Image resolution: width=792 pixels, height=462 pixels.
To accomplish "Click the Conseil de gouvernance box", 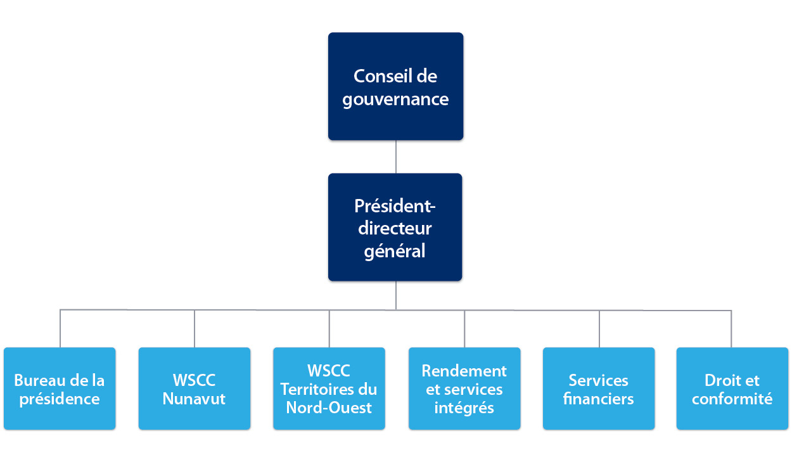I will (x=395, y=86).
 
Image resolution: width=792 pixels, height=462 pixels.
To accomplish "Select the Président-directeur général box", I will (x=395, y=227).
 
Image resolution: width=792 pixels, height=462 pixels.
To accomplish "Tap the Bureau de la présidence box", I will (x=60, y=388).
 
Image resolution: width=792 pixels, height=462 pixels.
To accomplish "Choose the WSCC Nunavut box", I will (x=194, y=388).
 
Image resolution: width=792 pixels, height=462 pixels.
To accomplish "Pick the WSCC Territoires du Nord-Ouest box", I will (x=329, y=388).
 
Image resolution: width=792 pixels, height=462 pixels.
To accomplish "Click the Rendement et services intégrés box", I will (x=464, y=388).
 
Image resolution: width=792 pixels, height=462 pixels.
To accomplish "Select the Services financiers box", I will (x=599, y=388).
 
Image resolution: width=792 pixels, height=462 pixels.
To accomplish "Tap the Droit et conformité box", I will (x=732, y=388).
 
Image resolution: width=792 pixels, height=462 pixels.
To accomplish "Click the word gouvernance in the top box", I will (x=395, y=99).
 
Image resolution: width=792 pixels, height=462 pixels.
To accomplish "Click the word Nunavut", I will (x=194, y=399).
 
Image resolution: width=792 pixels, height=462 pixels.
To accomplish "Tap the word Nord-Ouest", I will (x=329, y=407).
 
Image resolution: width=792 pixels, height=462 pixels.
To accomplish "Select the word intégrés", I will (x=464, y=407).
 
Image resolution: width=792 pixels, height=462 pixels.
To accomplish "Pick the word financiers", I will (x=599, y=399).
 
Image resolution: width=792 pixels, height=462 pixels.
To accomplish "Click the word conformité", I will (x=732, y=399).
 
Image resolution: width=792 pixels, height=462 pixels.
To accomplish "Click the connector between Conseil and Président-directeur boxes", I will (x=396, y=157).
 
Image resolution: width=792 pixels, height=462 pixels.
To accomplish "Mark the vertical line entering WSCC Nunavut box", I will (x=195, y=328).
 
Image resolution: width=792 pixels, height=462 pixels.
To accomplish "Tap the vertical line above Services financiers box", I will (x=599, y=328).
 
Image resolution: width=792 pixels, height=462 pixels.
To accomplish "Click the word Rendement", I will (x=464, y=370).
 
